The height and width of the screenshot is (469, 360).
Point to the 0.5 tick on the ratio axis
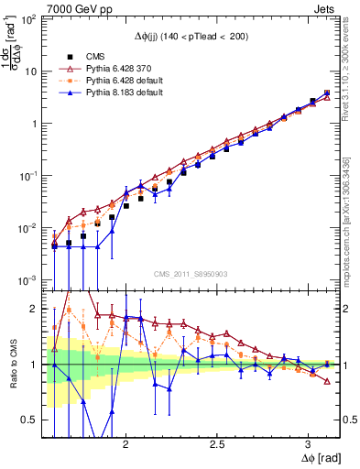[31, 420]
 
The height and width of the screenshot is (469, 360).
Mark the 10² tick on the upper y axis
[29, 19]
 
